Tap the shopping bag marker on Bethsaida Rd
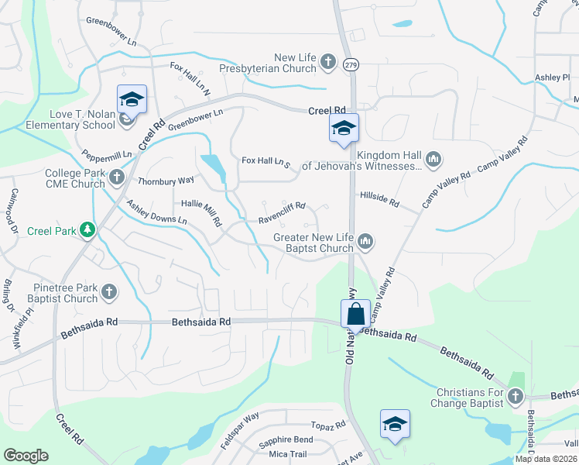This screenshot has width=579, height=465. (355, 314)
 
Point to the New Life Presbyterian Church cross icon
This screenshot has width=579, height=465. (327, 61)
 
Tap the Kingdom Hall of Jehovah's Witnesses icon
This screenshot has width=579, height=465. (433, 160)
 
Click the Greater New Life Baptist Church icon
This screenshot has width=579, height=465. (365, 243)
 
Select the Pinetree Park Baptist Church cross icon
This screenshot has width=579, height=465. (109, 292)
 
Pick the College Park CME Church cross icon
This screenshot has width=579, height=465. (116, 178)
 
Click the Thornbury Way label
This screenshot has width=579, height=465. (166, 181)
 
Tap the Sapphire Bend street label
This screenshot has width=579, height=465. (287, 439)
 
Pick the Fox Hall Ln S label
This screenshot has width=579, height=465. (266, 161)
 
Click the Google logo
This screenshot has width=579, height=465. (26, 456)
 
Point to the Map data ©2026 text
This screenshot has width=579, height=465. (546, 459)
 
